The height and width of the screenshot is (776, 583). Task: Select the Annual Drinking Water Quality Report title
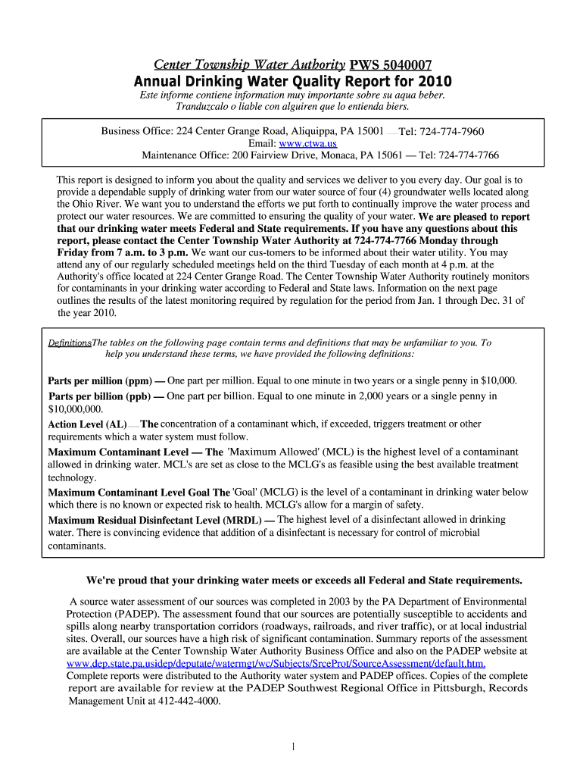292,81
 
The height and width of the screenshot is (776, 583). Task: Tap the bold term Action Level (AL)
87,425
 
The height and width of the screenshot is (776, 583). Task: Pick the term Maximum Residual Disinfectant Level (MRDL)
155,521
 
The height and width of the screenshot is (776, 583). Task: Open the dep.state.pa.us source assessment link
276,663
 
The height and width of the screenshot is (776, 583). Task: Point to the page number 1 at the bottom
291,747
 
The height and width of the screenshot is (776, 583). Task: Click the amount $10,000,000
75,408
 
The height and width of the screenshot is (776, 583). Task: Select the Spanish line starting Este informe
292,95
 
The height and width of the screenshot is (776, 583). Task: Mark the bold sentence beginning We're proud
304,580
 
